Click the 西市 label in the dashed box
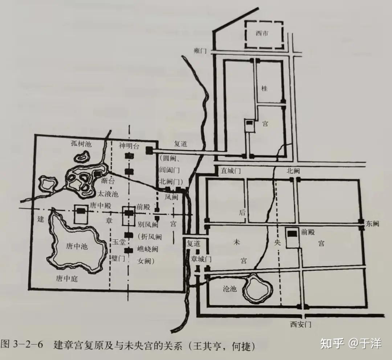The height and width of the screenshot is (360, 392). (262, 34)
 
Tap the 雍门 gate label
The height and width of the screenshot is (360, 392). (200, 51)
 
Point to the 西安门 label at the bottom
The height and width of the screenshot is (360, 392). (301, 324)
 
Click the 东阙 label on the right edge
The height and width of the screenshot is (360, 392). (372, 223)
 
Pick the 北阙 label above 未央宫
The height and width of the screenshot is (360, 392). (293, 171)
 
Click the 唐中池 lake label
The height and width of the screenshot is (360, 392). (77, 246)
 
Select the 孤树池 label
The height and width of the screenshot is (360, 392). (81, 144)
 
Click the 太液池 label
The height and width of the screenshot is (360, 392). (108, 194)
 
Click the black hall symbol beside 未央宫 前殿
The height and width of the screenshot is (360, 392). (292, 234)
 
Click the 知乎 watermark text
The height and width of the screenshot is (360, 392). (332, 343)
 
